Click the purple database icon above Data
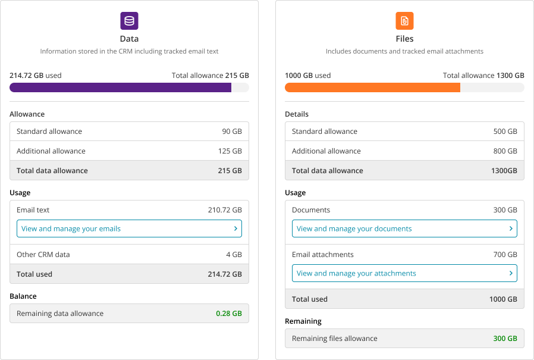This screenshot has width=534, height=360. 129,21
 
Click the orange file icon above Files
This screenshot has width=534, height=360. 404,21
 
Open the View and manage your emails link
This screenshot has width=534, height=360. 71,228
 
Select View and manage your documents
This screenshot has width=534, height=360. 354,228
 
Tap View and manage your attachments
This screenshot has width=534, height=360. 356,274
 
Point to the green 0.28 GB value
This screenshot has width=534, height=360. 228,314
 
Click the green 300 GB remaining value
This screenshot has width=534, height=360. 505,339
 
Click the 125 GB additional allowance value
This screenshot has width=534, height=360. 230,151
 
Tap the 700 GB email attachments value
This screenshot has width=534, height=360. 505,255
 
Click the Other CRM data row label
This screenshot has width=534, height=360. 43,255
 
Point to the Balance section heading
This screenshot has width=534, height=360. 23,296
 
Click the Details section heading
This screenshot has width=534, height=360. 297,114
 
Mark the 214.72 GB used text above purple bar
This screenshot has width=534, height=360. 36,76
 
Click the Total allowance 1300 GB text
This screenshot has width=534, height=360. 483,76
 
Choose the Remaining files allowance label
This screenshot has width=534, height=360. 335,339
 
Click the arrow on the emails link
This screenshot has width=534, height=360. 236,228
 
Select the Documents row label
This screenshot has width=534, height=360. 311,210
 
